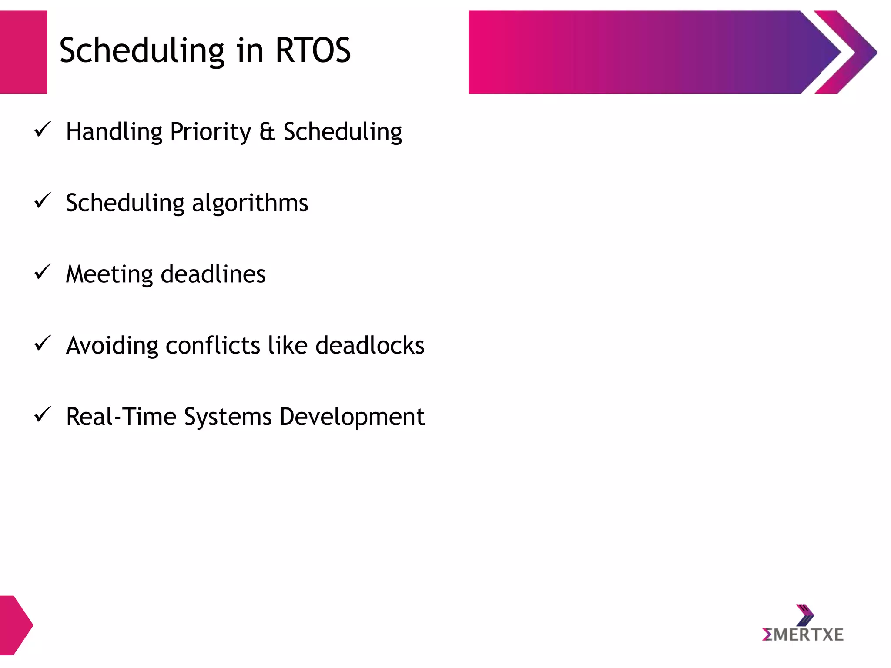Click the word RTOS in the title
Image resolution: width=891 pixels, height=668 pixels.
click(x=313, y=50)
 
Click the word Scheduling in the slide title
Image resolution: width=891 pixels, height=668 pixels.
click(x=142, y=51)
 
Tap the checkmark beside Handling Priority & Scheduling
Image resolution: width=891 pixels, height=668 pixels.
click(x=43, y=130)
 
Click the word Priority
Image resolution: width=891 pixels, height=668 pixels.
click(x=211, y=132)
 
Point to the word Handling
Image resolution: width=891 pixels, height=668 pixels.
click(x=114, y=132)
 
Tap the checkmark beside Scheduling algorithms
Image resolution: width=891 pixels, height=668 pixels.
click(x=43, y=201)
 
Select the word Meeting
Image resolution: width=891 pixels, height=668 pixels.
click(x=109, y=275)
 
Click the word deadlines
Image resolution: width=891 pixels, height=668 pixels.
click(x=213, y=274)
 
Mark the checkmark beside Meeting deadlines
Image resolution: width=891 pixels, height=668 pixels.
click(x=43, y=272)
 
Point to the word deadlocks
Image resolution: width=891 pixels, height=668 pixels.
click(x=370, y=346)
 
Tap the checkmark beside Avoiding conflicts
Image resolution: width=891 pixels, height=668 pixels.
click(x=43, y=344)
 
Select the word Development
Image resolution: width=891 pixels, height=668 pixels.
click(x=352, y=417)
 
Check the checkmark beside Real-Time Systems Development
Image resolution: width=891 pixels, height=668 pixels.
click(x=43, y=415)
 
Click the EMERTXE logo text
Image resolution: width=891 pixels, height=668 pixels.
click(x=803, y=635)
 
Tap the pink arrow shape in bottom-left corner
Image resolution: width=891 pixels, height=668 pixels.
click(x=15, y=625)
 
